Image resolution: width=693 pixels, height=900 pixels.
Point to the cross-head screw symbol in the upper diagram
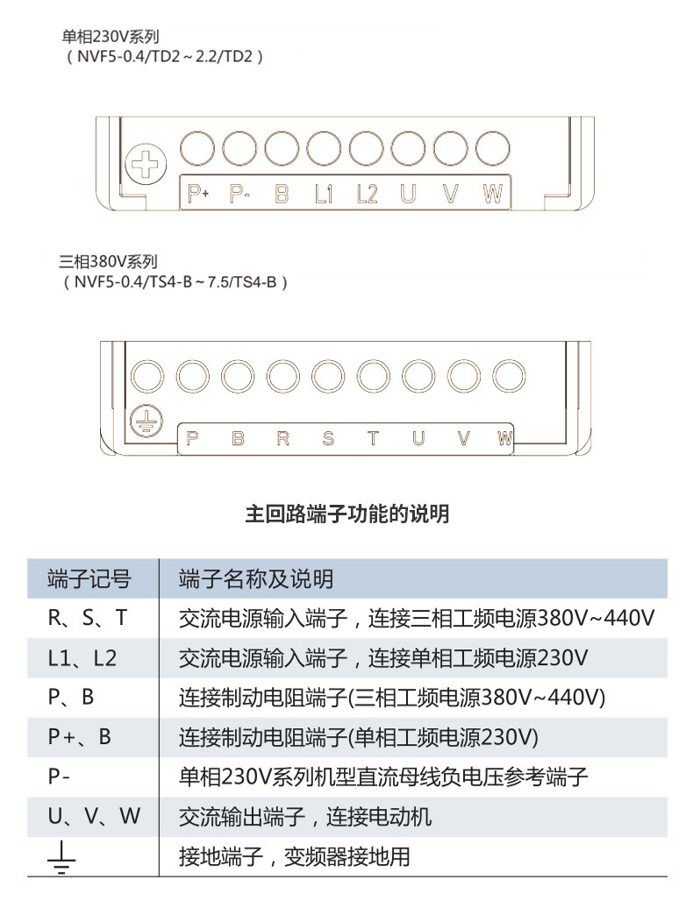pos(142,164)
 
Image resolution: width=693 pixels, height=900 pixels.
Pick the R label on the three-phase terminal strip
pos(282,438)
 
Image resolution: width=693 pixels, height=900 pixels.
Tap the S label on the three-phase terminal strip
pos(328,438)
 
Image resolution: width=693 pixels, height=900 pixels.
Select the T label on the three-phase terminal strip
pos(373,438)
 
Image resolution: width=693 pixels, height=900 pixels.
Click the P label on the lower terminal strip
pos(193,438)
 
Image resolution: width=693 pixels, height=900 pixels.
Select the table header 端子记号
pos(89,579)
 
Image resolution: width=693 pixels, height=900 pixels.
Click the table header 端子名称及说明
pos(255,579)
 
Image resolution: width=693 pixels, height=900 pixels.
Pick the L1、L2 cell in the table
pos(82,658)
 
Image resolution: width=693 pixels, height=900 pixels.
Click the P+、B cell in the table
pos(80,737)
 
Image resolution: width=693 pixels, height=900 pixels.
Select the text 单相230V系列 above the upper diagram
pos(110,37)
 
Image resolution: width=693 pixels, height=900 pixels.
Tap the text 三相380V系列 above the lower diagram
pos(108,262)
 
